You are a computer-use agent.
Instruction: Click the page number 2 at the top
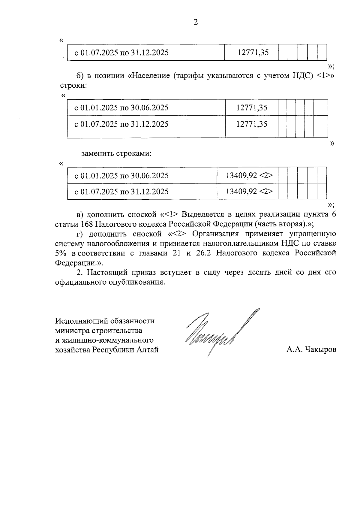[196, 22]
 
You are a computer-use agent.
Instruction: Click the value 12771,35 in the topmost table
[253, 53]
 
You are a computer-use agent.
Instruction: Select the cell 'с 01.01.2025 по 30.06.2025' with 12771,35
[121, 107]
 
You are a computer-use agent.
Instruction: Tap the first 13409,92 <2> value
[249, 175]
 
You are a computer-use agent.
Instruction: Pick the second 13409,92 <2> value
[249, 192]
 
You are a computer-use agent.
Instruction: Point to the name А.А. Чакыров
[311, 349]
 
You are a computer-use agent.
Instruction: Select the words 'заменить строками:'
[117, 154]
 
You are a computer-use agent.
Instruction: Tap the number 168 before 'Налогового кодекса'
[88, 224]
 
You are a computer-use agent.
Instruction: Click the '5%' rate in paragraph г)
[61, 253]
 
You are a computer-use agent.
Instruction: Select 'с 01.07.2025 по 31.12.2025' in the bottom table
[121, 192]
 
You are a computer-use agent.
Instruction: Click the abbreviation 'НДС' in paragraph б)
[301, 75]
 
